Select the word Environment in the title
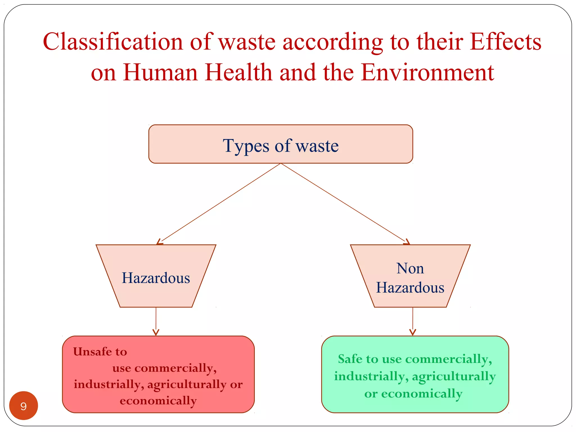427,72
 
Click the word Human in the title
160,72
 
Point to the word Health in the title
239,72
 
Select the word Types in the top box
246,146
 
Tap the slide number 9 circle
24,406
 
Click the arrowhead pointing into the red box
156,332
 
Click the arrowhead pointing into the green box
413,332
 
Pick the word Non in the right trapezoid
410,268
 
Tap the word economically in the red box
158,400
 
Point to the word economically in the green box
422,394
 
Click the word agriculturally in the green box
454,376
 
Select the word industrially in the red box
107,384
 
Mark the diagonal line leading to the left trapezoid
219,203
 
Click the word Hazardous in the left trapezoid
156,278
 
